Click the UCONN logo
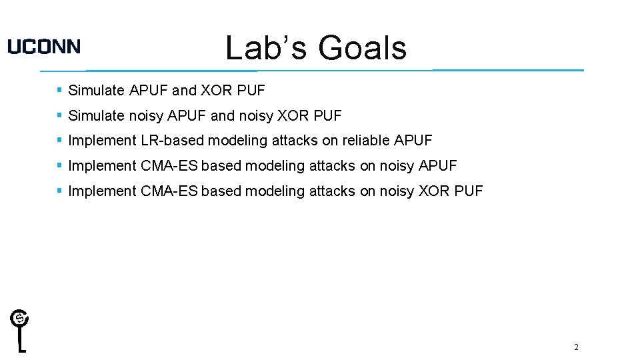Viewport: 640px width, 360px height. pos(44,46)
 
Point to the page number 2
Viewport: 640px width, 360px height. pos(576,347)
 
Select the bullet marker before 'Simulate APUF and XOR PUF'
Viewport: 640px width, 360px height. pos(59,89)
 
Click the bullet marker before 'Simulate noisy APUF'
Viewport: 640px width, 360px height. pos(59,115)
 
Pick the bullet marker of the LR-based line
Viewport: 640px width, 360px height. pos(59,140)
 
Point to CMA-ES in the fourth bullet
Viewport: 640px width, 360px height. pos(169,166)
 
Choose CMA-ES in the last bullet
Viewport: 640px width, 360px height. pos(169,191)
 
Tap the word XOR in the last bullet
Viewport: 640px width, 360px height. pos(434,191)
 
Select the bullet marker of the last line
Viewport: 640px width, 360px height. pos(59,191)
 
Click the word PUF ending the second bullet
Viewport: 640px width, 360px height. pos(327,116)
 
